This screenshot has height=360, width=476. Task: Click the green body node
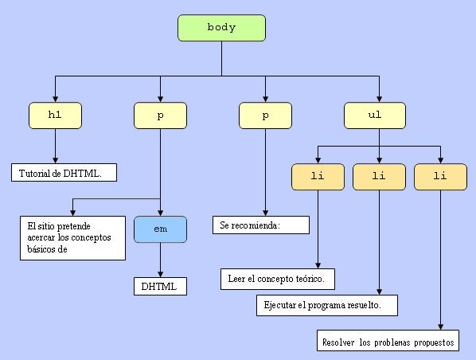[x=221, y=28]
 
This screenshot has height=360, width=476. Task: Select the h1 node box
[x=55, y=115]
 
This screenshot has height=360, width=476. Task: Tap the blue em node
[x=160, y=229]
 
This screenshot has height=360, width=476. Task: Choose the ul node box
[x=375, y=115]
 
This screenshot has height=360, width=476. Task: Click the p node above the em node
[x=160, y=115]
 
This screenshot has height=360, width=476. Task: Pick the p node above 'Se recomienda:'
[x=265, y=115]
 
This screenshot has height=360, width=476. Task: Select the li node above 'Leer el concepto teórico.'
[x=318, y=177]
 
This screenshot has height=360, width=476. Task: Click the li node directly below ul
[x=379, y=177]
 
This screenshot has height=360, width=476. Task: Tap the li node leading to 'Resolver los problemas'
[x=440, y=177]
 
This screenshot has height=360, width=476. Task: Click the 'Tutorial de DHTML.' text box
[x=64, y=173]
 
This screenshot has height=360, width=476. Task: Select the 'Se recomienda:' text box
[x=261, y=225]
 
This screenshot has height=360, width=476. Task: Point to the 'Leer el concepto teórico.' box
[x=278, y=279]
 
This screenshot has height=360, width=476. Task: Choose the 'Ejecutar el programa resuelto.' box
[x=327, y=305]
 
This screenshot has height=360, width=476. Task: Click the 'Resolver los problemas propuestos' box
[x=388, y=341]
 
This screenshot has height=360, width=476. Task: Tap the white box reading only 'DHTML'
[x=160, y=286]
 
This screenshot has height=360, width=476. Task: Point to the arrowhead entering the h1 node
[x=55, y=99]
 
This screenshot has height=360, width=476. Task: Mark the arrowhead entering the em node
[x=160, y=213]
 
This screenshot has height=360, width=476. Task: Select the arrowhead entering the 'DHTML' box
[x=160, y=274]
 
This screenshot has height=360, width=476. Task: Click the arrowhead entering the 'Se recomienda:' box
[x=265, y=213]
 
